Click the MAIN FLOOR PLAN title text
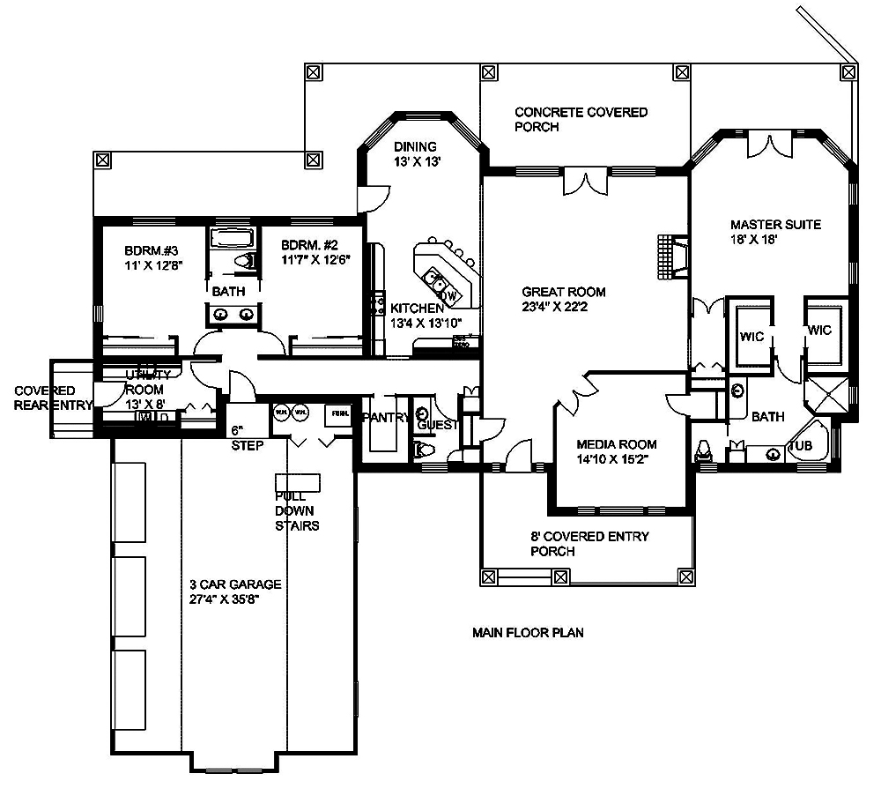pos(528,632)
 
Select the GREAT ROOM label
pos(563,299)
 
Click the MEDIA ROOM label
pos(616,451)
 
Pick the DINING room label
pos(415,153)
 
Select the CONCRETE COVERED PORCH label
pos(581,119)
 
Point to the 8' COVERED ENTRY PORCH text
pos(589,543)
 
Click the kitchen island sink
pos(434,280)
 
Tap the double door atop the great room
pos(583,180)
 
